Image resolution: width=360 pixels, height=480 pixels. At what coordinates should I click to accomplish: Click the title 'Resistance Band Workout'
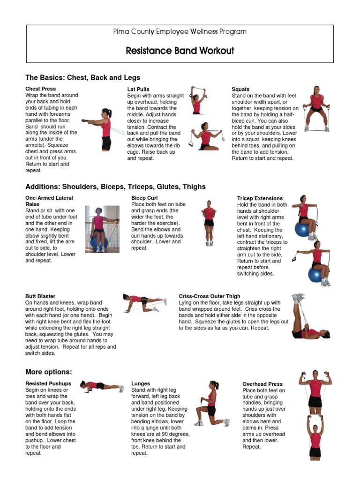point(180,51)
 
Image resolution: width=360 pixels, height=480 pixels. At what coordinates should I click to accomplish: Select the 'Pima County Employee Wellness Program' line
point(180,32)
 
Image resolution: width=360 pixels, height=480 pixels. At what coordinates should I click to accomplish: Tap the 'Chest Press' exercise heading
point(40,89)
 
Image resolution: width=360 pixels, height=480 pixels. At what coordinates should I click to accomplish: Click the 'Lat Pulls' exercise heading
point(138,89)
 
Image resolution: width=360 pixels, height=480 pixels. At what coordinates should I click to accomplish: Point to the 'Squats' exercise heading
point(240,89)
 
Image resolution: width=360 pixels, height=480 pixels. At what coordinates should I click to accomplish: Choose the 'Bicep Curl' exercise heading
point(144,198)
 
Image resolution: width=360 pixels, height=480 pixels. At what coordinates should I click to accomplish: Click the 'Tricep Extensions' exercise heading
point(260,199)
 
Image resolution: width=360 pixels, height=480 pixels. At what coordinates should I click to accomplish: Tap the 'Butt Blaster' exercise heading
point(40,296)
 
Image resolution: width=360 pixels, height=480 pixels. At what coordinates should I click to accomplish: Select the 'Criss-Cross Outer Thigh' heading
point(210,296)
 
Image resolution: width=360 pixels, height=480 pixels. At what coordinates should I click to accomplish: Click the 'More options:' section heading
point(49,372)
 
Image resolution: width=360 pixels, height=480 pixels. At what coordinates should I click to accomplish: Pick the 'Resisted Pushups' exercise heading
point(48,384)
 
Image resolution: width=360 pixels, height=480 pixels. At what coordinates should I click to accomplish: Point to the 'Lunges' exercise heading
point(141,384)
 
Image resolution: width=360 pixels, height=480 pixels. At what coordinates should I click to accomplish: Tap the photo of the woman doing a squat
point(316,109)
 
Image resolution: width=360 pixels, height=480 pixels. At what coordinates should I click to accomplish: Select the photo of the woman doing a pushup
point(101,386)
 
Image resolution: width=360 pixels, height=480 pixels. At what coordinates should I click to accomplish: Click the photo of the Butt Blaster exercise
point(143,303)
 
